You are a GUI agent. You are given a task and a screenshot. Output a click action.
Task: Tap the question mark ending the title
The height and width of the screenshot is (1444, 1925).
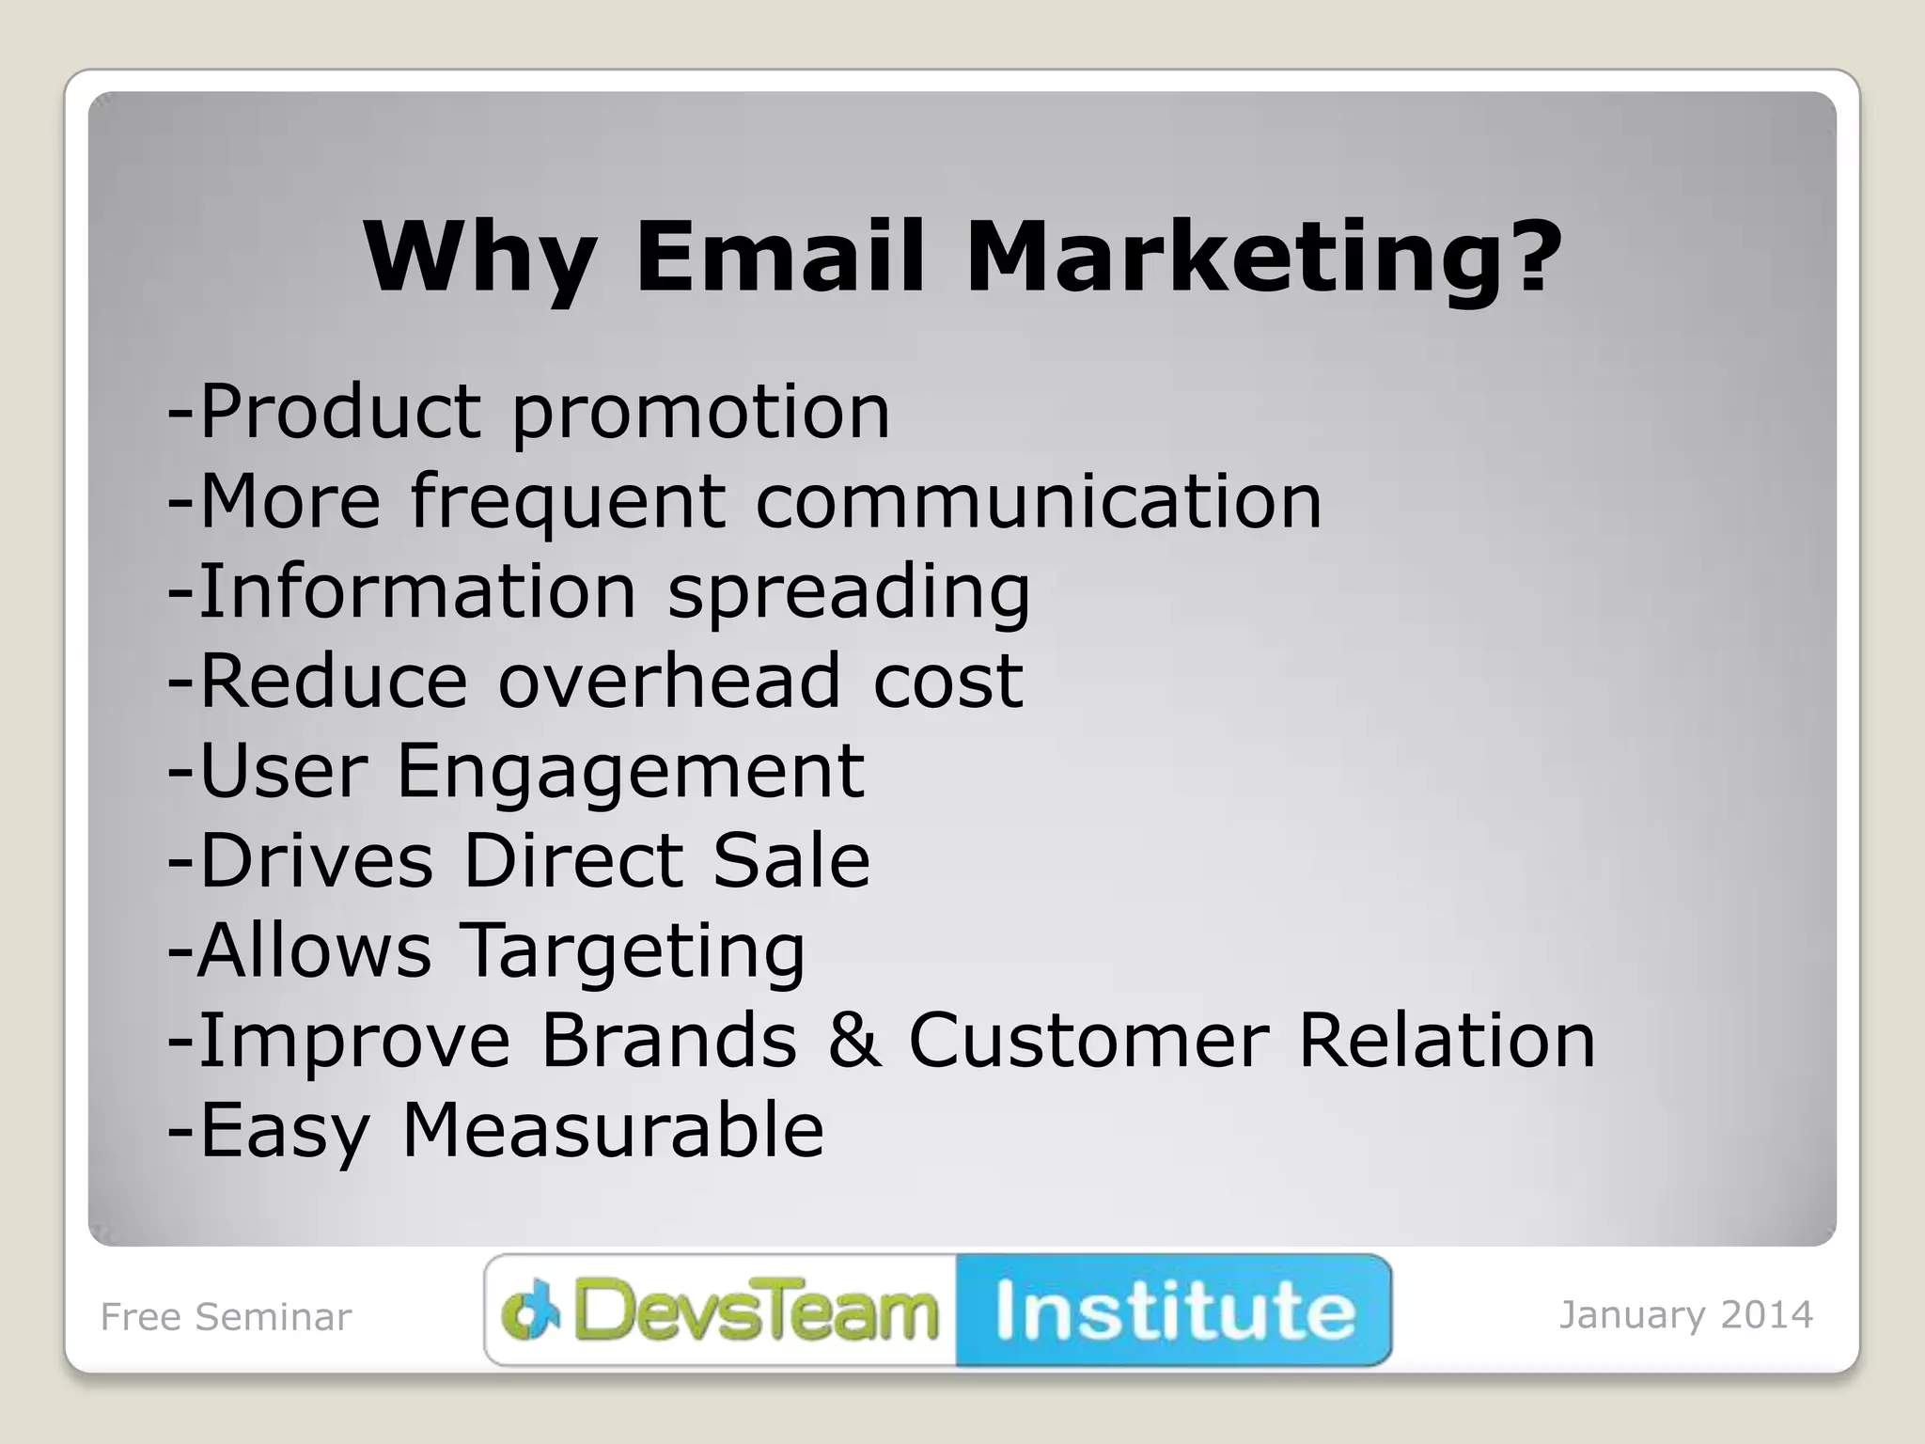coord(1529,256)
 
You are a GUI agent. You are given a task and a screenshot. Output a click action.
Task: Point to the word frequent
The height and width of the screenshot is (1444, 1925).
coord(569,502)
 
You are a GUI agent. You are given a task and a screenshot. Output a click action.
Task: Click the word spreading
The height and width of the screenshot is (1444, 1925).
coord(849,592)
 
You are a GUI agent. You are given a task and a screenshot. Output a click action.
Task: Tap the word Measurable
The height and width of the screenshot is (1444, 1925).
coord(613,1130)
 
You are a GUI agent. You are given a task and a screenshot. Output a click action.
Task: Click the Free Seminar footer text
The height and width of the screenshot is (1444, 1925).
coord(226,1317)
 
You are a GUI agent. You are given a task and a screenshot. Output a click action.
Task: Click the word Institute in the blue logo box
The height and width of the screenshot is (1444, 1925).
coord(1175,1311)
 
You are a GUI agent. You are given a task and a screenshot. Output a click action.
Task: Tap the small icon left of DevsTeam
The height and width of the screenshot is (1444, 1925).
coord(531,1312)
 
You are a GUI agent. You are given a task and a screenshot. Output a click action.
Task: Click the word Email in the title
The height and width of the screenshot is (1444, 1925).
coord(780,257)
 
